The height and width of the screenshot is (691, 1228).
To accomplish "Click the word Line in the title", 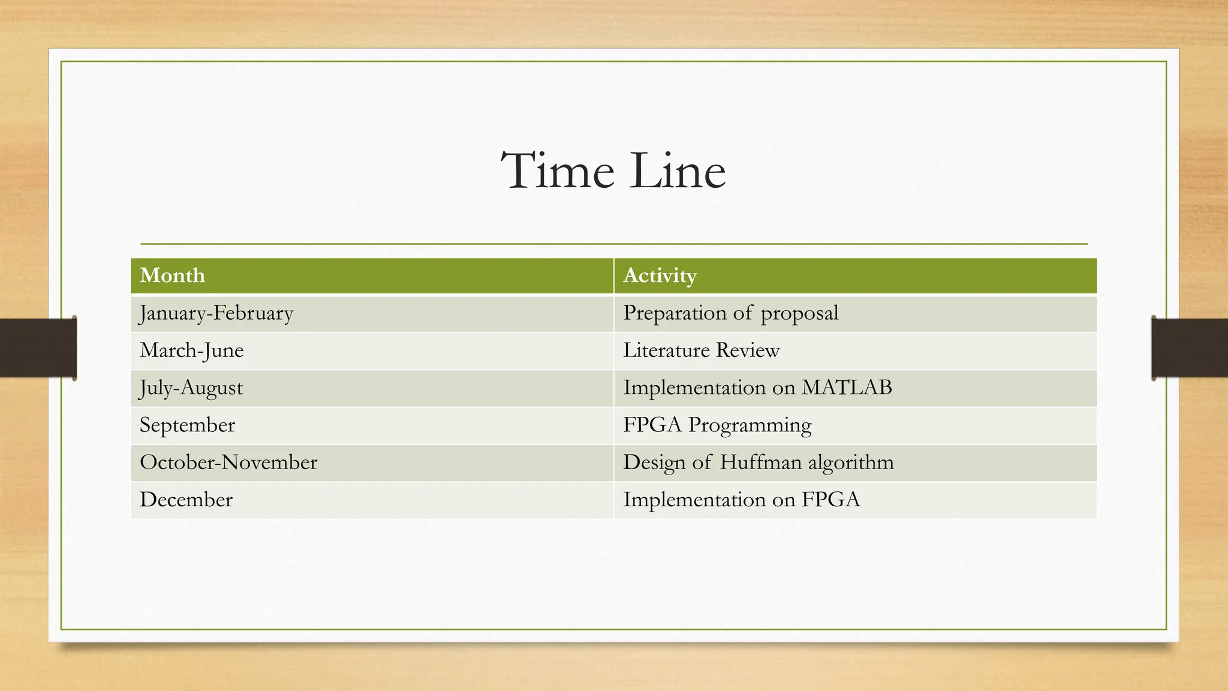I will point(678,172).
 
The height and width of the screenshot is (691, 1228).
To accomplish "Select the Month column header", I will point(173,275).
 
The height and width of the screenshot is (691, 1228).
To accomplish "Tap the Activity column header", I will point(660,275).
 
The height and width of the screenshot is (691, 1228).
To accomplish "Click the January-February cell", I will point(216,313).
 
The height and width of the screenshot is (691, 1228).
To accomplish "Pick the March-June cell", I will point(192,350).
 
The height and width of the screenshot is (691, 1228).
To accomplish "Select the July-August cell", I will point(191,387).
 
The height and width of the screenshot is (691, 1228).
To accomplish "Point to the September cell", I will point(187,425).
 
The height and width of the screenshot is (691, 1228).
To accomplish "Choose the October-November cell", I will point(228,462).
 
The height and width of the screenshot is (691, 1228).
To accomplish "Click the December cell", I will point(186,499).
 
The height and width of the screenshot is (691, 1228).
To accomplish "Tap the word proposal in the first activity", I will point(799,314).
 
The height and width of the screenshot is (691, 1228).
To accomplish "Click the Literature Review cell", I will point(701,350).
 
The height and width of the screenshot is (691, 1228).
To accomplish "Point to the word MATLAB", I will point(847,387).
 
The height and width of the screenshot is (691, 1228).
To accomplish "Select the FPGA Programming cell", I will point(717,425).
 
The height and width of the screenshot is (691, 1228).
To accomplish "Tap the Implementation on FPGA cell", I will point(741,499).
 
